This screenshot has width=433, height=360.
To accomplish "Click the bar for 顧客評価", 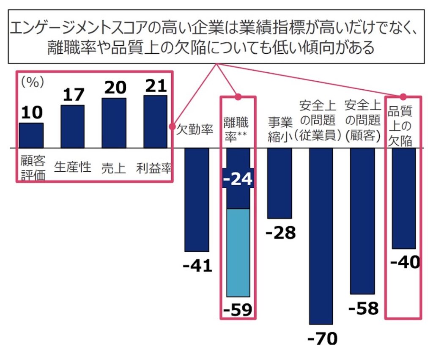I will [x=31, y=135].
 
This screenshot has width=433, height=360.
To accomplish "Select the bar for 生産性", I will [x=72, y=126].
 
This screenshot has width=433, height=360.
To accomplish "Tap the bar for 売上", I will [x=114, y=123].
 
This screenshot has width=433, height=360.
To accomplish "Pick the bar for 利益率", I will [x=155, y=122].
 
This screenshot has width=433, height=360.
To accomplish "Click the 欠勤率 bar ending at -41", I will [x=197, y=199].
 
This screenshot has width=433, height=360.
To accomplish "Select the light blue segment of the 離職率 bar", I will [x=238, y=253].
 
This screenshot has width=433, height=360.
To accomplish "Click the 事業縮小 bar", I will [x=280, y=183].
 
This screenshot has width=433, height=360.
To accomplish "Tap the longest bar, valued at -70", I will [x=321, y=236].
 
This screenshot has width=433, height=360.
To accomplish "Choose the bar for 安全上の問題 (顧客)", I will [x=362, y=220].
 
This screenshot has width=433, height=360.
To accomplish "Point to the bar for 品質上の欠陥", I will [x=404, y=198].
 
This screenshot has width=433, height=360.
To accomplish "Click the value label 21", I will [x=156, y=86].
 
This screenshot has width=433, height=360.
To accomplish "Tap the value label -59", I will [x=238, y=311].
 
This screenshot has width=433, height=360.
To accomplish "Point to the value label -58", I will [x=363, y=308].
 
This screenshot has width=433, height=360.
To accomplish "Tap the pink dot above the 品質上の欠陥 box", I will [x=403, y=96].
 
